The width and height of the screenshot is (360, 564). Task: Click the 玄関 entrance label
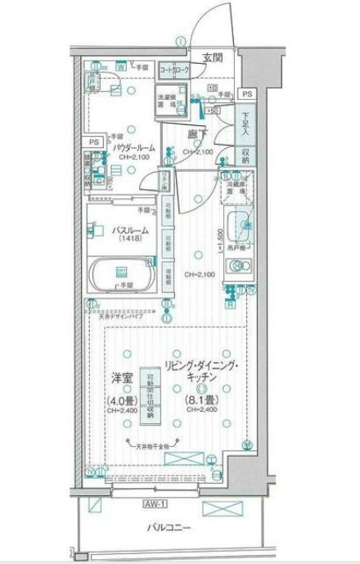click(x=213, y=56)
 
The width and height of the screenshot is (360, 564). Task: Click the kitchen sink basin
click(x=237, y=223)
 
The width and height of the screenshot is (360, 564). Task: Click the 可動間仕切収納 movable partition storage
click(x=150, y=394)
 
